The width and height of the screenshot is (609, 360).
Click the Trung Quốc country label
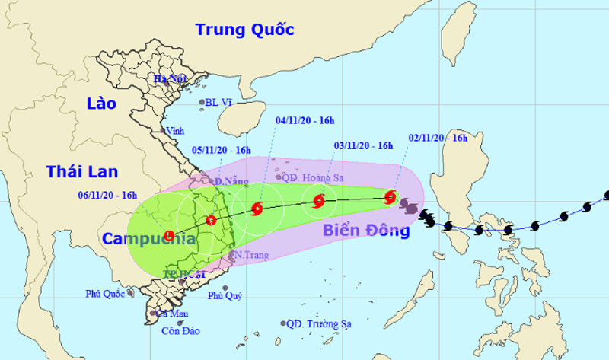point(244,30)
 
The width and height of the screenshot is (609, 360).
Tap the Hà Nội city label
point(169,79)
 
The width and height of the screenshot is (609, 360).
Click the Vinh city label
point(177,130)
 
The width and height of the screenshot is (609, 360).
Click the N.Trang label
point(251,255)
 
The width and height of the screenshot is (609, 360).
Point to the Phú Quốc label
point(105,292)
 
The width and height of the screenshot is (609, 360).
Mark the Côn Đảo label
point(180,330)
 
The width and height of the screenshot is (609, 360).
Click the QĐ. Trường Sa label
point(319,323)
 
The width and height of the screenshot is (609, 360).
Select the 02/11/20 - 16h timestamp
point(438,138)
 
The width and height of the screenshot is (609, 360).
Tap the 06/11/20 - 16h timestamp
point(107,195)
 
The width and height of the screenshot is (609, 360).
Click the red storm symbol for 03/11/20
point(318,202)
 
